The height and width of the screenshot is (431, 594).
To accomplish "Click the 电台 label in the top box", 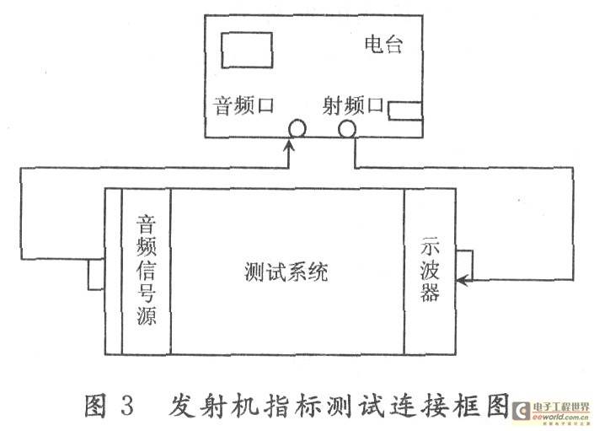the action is click(x=383, y=45).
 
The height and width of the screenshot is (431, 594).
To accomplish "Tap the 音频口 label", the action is click(x=243, y=105).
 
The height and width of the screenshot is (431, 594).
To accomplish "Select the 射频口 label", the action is click(x=353, y=105).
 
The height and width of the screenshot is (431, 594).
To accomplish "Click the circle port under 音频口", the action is click(x=297, y=129).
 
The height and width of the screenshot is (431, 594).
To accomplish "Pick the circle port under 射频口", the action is click(x=347, y=129).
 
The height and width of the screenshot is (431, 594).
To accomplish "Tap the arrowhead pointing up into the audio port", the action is click(x=290, y=145).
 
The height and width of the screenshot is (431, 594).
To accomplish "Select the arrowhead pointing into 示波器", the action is click(x=463, y=280).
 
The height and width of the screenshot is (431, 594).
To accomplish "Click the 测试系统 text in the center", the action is click(x=286, y=272).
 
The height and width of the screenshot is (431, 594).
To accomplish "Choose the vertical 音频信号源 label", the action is click(x=147, y=270).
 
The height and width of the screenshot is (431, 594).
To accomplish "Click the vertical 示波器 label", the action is click(x=430, y=269).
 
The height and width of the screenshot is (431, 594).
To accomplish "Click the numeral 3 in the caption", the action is click(x=128, y=406).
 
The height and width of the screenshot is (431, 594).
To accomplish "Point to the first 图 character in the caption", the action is click(x=96, y=406).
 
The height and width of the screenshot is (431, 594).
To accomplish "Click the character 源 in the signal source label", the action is click(x=147, y=315).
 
